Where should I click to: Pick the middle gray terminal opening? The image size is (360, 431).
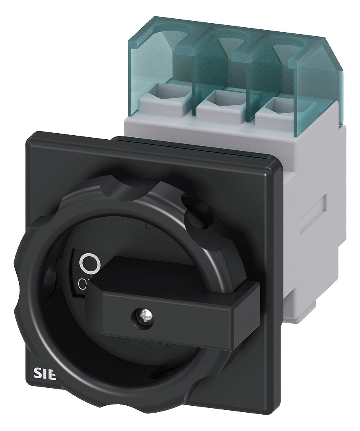(219, 97)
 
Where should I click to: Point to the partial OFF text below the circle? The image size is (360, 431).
(82, 282)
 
